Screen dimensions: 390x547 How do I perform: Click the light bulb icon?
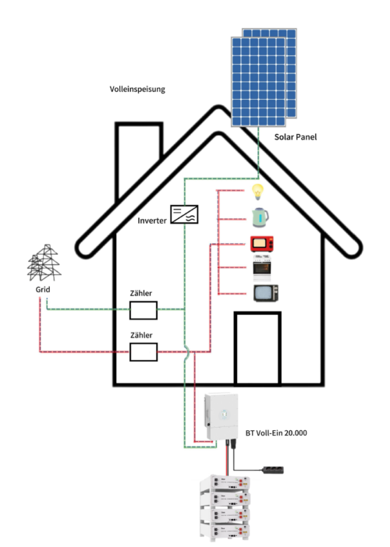[x=257, y=192]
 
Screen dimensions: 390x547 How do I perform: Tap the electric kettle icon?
[x=260, y=217]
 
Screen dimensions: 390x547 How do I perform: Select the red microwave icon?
[x=262, y=244]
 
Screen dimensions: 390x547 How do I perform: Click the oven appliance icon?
[x=262, y=268]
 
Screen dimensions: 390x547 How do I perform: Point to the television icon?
[x=266, y=293]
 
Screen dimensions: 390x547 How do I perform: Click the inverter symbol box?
[x=184, y=214]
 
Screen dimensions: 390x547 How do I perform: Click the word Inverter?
[x=152, y=221]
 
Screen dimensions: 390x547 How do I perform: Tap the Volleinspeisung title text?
[x=137, y=90]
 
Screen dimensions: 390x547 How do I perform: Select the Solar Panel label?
[x=296, y=137]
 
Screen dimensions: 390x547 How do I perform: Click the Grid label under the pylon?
[x=43, y=290]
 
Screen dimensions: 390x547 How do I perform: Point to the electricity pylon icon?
[x=44, y=263]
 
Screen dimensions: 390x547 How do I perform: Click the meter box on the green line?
[x=144, y=310]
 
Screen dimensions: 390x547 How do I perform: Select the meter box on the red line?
[x=144, y=352]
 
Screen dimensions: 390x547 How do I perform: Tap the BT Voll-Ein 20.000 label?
[x=276, y=433]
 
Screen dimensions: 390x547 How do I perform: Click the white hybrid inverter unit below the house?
[x=221, y=416]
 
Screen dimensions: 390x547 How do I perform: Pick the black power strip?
[x=273, y=471]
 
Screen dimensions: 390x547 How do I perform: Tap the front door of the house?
[x=257, y=348]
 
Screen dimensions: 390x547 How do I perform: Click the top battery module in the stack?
[x=225, y=483]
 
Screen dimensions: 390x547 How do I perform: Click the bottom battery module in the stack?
[x=225, y=531]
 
